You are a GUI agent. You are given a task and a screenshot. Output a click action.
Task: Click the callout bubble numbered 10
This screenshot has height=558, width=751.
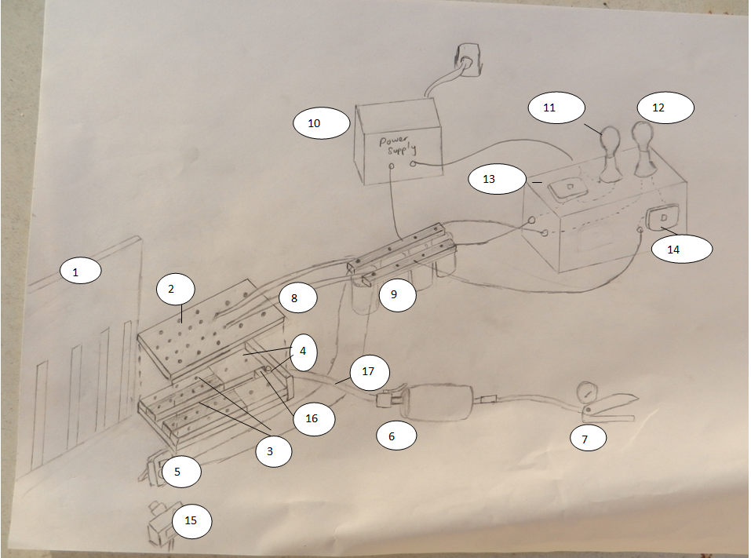322,123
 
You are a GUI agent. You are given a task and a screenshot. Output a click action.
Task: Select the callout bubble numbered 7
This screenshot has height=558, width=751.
588,438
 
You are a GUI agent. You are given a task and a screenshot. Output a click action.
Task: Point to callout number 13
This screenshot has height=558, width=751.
498,179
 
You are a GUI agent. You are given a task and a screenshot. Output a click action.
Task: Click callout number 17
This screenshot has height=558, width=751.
370,372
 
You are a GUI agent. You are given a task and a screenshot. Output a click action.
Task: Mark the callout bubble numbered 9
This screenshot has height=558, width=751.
397,294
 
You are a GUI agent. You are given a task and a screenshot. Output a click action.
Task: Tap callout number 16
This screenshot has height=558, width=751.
313,418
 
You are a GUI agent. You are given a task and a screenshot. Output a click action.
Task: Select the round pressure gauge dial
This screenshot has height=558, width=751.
585,392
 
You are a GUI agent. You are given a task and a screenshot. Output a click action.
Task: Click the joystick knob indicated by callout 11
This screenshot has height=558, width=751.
611,138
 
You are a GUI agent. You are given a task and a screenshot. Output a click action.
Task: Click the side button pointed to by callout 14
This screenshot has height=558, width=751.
662,218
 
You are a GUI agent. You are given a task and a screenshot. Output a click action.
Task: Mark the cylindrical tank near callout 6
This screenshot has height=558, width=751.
438,402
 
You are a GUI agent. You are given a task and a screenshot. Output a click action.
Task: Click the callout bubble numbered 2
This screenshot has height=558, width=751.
175,289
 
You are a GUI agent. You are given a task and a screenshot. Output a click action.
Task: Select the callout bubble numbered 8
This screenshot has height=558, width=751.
297,298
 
